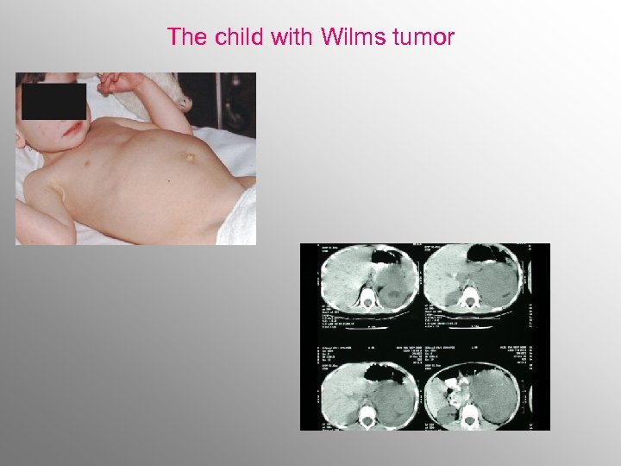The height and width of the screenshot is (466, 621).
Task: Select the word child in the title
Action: tap(236, 37)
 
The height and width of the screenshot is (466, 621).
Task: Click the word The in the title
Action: tap(185, 37)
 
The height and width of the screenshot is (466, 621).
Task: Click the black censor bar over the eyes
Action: tap(53, 101)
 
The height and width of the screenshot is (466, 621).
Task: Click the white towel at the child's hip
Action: tap(246, 216)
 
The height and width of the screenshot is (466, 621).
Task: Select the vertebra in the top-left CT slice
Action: tap(369, 299)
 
